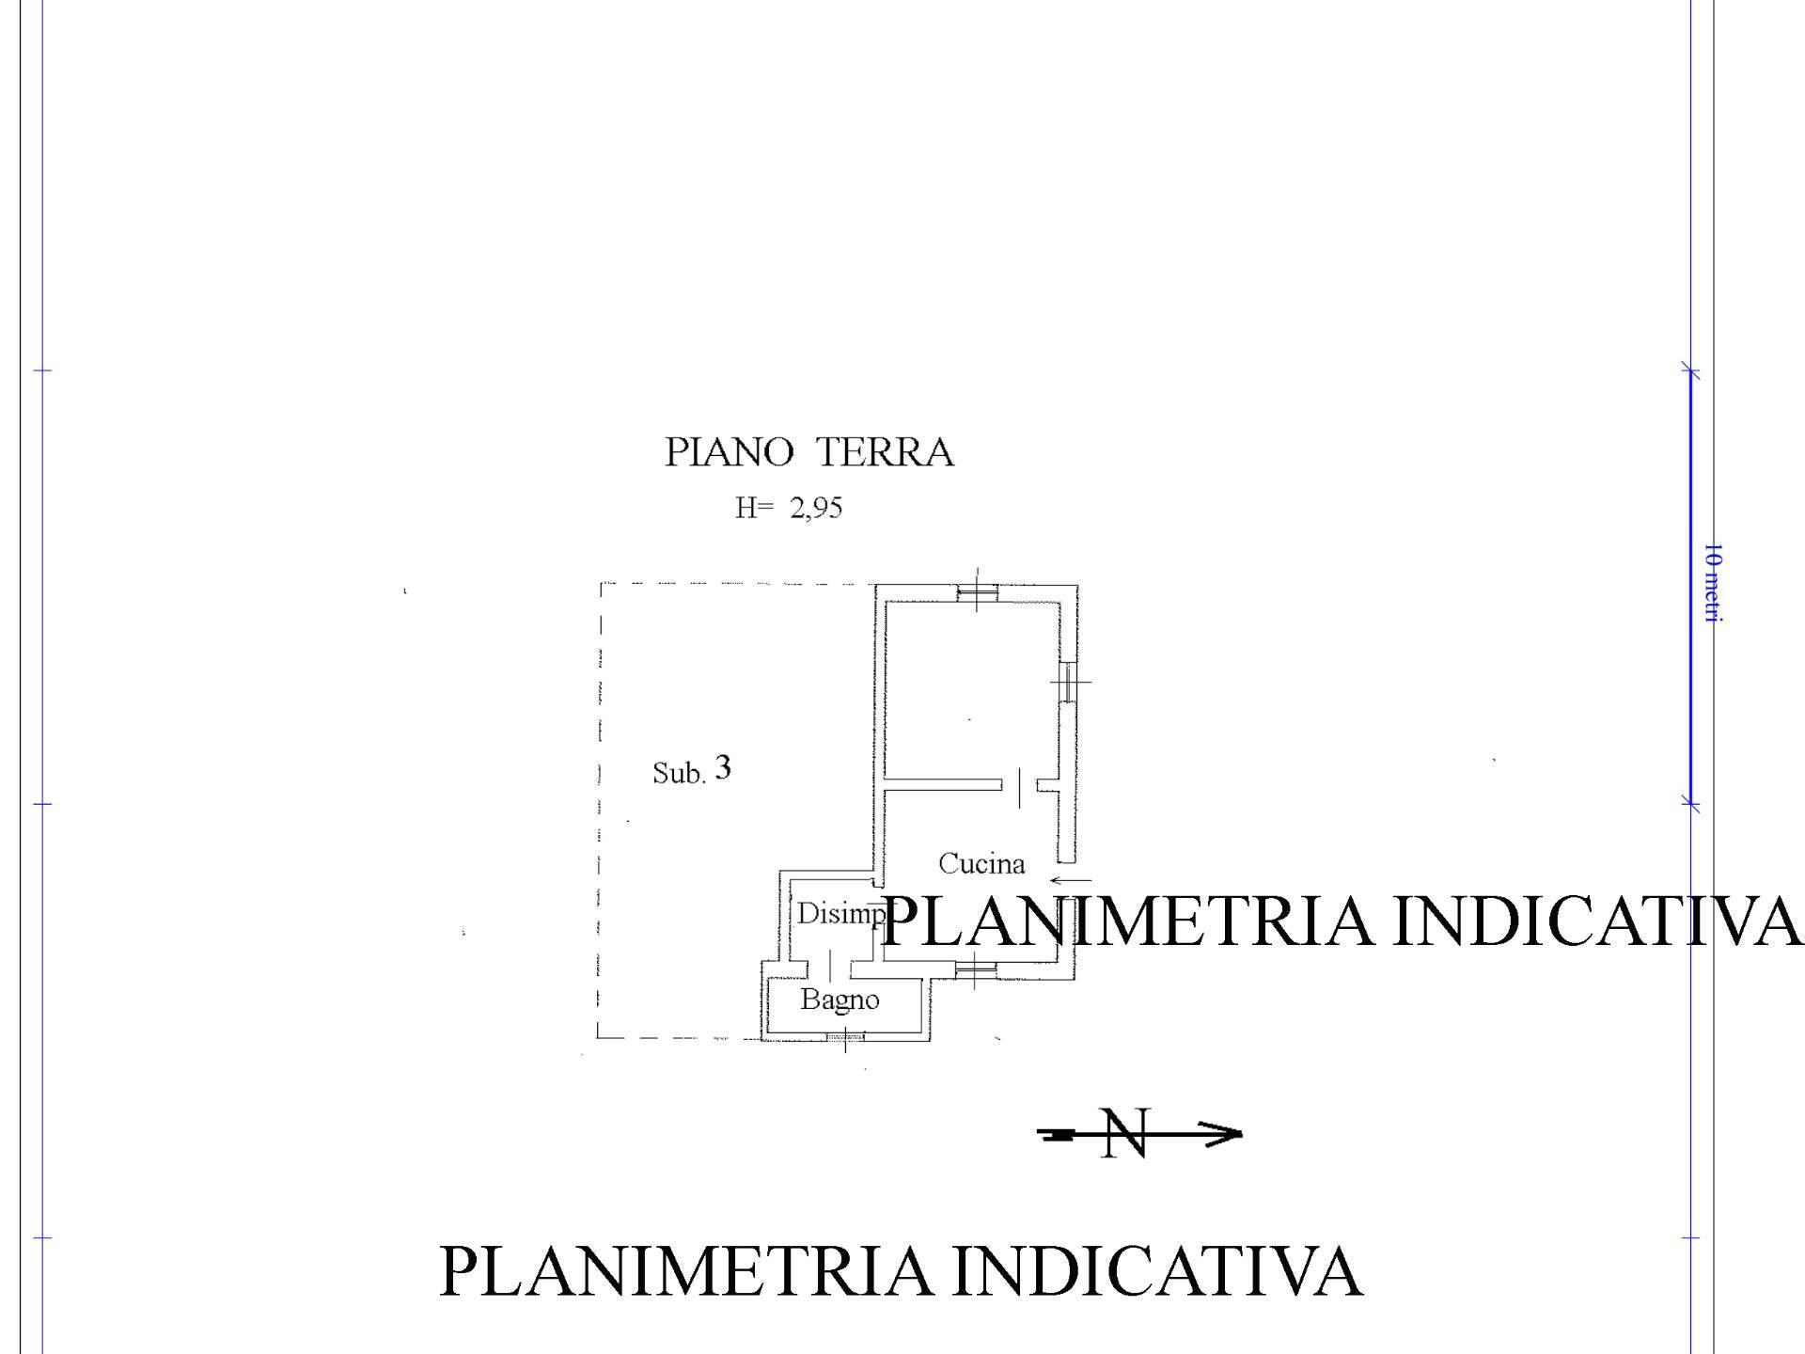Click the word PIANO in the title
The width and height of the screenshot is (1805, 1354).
point(729,452)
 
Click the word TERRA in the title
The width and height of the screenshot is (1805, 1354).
point(884,452)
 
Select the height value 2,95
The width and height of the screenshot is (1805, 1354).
point(816,509)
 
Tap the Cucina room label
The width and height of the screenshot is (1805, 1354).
point(981,863)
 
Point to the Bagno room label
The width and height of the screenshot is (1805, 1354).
point(840,1000)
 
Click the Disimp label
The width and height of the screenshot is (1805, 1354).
point(840,913)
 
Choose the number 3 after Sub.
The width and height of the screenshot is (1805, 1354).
point(722,768)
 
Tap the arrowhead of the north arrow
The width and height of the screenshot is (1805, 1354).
point(1224,1134)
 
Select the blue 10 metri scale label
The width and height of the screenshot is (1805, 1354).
point(1713,583)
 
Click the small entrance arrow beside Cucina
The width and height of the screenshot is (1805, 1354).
point(1071,881)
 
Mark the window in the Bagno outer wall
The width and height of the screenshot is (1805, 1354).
point(845,1037)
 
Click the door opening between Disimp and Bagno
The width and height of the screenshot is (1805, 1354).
point(831,966)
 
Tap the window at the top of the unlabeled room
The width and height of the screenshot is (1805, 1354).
point(977,591)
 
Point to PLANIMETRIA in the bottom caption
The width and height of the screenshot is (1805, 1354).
point(685,1271)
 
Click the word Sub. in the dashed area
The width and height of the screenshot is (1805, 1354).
point(679,773)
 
